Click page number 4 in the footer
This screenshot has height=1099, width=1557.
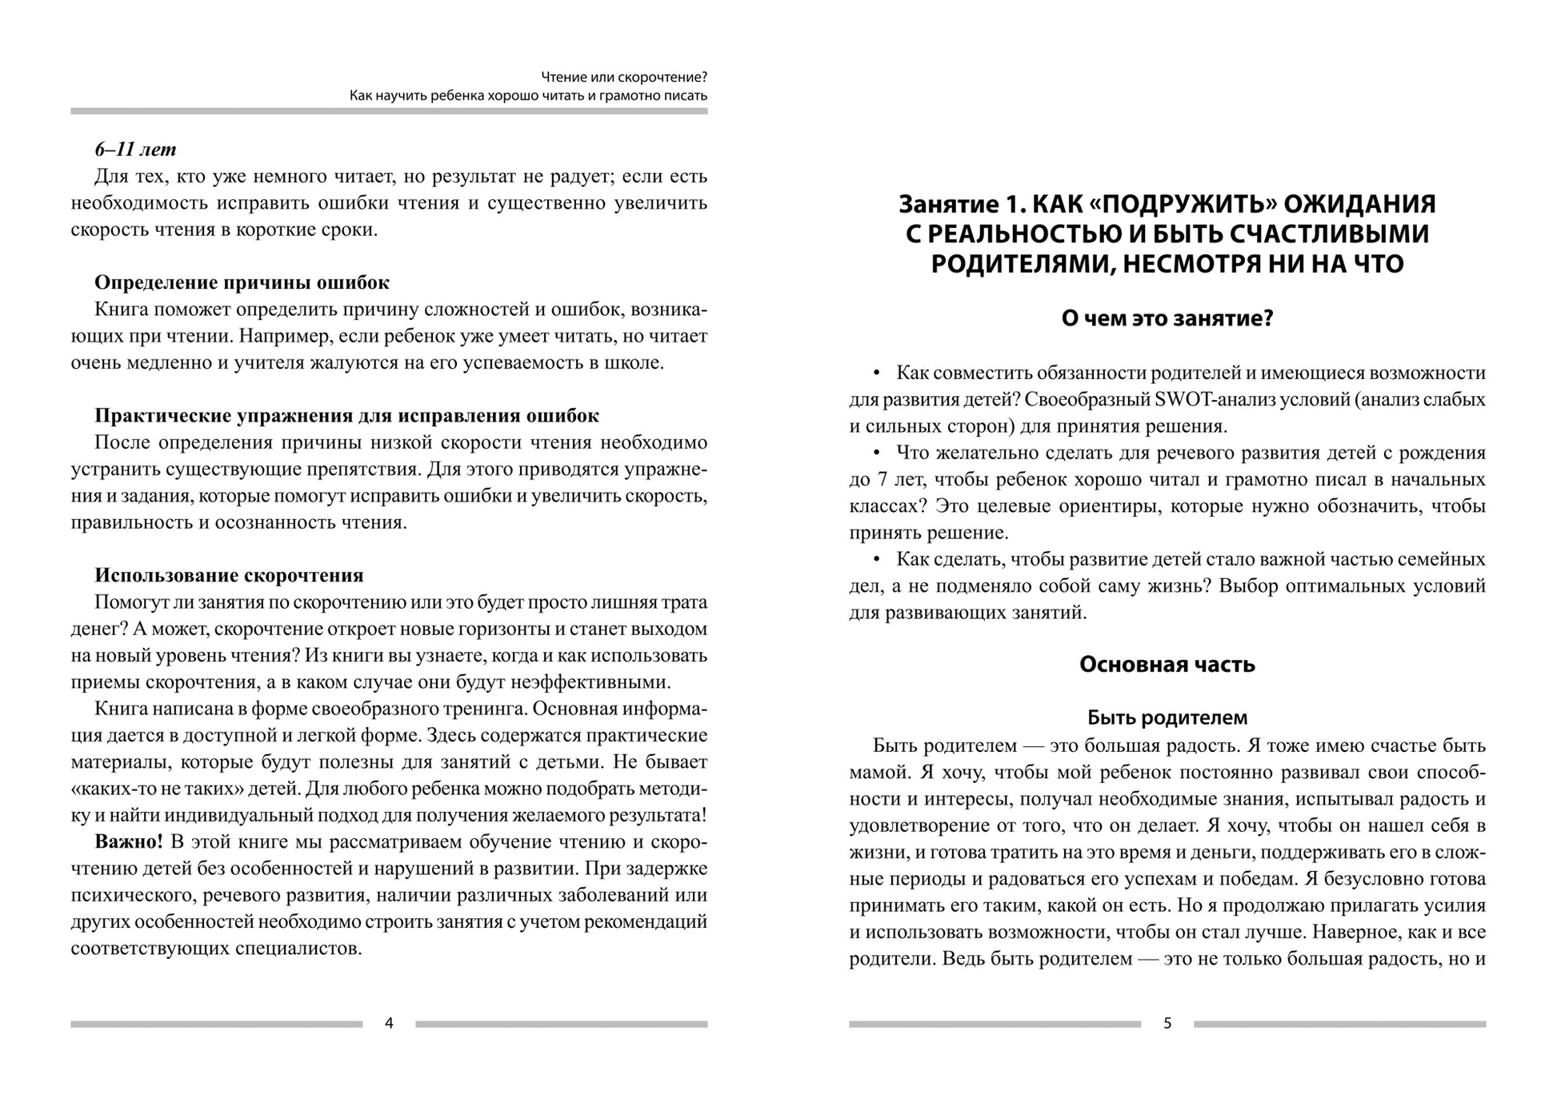[x=389, y=1023]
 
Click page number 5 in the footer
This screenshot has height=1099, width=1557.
[x=1167, y=1023]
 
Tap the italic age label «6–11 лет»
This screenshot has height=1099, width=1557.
[x=135, y=150]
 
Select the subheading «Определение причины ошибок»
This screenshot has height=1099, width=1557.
[x=242, y=282]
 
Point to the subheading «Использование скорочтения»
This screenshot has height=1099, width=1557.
[x=229, y=575]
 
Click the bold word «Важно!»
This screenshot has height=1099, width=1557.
[x=129, y=841]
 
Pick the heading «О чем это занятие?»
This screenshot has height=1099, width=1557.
[x=1167, y=318]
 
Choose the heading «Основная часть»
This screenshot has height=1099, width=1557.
[x=1167, y=665]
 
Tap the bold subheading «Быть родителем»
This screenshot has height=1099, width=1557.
[x=1167, y=717]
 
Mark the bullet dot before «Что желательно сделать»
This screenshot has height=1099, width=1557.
[x=876, y=453]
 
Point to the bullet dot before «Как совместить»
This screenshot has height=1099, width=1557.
[x=876, y=373]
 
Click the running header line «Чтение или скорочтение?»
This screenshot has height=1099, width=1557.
[x=623, y=78]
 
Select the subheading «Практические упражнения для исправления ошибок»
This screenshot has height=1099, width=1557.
[x=346, y=416]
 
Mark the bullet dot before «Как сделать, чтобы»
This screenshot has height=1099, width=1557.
[x=876, y=559]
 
